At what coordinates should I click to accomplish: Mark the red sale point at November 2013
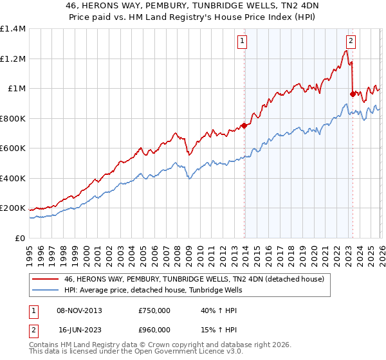tap(244, 126)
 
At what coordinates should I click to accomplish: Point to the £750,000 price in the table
tap(154, 310)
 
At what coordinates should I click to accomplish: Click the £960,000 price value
tap(154, 329)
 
